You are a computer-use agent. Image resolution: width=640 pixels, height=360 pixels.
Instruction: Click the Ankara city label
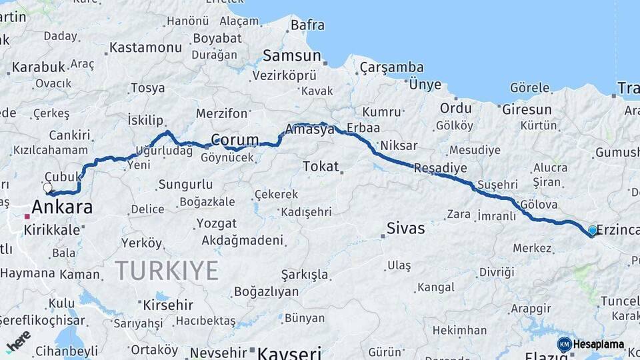point(62,207)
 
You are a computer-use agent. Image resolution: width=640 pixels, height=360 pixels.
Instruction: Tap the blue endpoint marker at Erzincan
point(593,231)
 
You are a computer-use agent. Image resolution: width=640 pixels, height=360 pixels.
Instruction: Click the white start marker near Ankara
point(48,187)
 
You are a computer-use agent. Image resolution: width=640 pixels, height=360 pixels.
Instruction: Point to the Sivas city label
point(405,229)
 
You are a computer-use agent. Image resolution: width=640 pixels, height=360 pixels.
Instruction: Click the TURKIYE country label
point(167,271)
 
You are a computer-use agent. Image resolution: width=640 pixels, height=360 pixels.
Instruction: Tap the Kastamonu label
point(145,47)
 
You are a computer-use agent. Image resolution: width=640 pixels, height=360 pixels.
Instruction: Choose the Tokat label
point(321,166)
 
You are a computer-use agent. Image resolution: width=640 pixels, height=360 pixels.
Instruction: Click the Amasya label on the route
point(309,130)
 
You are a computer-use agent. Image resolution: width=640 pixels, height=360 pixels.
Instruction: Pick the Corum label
point(235,140)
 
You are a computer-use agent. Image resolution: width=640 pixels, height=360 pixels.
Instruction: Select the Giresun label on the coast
point(527,109)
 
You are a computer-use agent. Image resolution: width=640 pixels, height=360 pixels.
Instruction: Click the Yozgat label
point(216,223)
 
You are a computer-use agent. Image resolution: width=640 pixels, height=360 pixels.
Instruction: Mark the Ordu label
point(455,108)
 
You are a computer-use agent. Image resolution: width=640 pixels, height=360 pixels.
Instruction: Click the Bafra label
point(307,25)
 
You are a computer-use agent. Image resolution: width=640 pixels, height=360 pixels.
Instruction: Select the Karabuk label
point(39,67)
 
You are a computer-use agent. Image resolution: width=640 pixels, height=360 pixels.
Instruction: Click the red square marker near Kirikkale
point(27,217)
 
